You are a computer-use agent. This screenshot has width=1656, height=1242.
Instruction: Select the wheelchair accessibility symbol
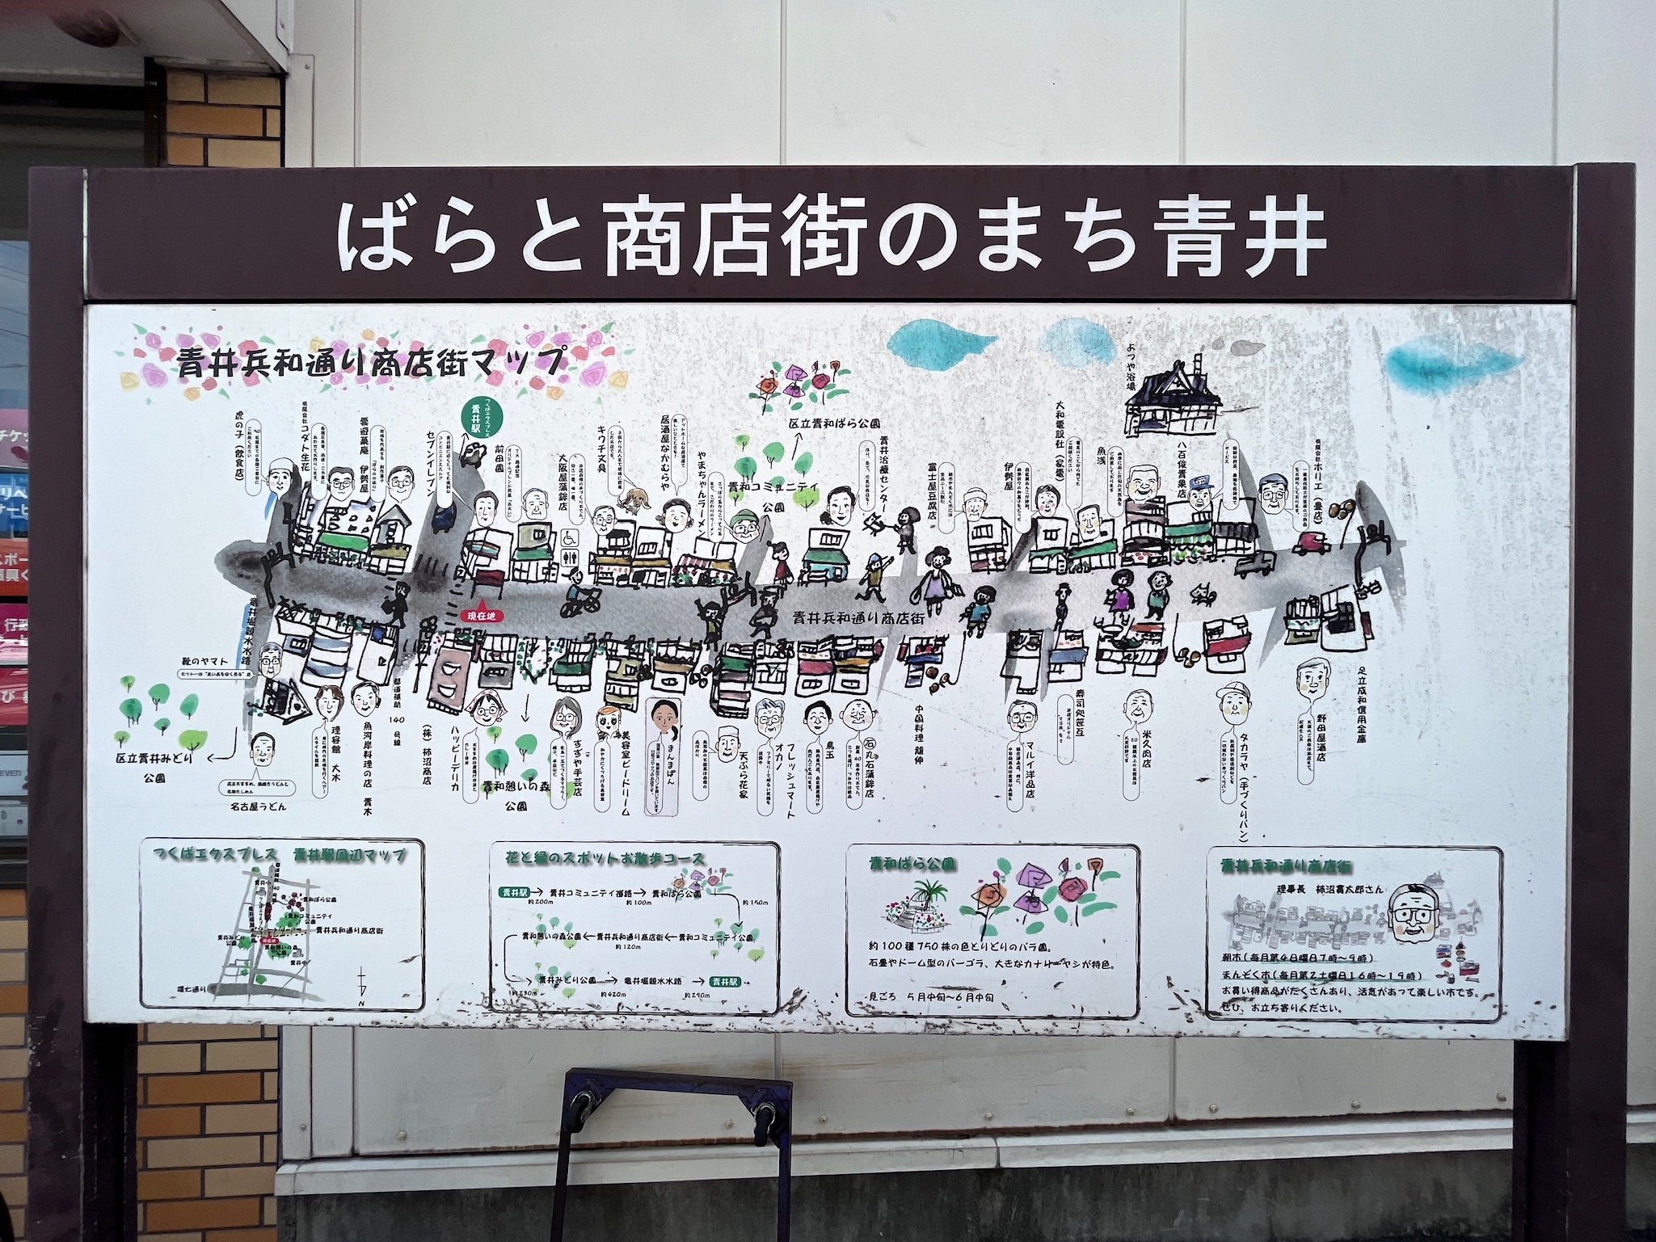click(x=569, y=537)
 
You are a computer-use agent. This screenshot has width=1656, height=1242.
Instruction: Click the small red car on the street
click(x=1311, y=546)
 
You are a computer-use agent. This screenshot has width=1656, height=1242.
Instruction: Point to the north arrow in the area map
click(x=363, y=985)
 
